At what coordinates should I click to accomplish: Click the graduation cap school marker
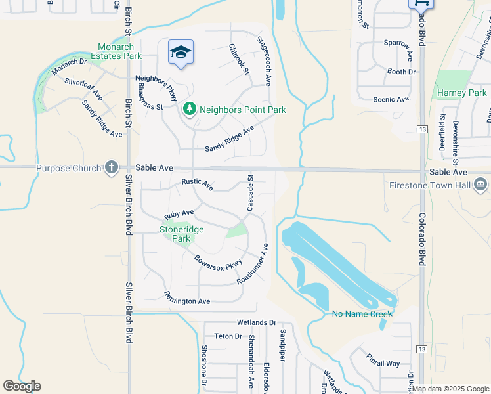coord(181,53)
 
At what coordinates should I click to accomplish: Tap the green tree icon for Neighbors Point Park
coord(190,110)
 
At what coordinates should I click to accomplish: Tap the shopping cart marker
coord(421,3)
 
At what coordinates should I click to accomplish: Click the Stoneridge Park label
coord(181,234)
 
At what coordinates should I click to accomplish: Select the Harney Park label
coord(462,93)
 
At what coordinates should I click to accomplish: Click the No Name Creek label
coord(362,314)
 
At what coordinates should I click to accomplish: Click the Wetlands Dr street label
coord(257,322)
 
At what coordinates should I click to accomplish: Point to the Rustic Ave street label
coord(198,185)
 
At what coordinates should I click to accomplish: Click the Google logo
coord(22,386)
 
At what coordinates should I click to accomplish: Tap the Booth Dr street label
coord(402,72)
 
